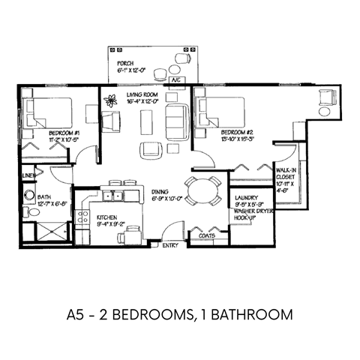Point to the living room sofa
[x=178, y=119]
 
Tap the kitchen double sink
[x=112, y=196]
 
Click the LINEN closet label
[x=28, y=176]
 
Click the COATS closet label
[x=206, y=235]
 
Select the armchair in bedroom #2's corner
[x=327, y=97]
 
